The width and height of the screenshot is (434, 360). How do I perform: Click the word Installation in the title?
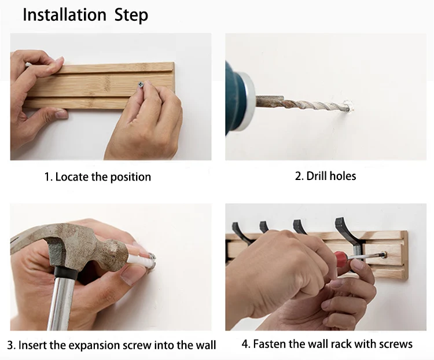click(x=64, y=14)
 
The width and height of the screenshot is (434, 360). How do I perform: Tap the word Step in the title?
click(x=131, y=16)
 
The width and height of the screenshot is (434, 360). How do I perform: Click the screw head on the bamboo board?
click(x=141, y=84)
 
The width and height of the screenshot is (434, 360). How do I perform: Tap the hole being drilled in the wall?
click(x=350, y=107)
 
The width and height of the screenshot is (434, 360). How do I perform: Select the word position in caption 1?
click(x=131, y=177)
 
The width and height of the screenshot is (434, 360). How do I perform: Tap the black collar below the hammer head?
click(x=65, y=273)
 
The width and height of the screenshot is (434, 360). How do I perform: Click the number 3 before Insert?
click(x=10, y=346)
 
